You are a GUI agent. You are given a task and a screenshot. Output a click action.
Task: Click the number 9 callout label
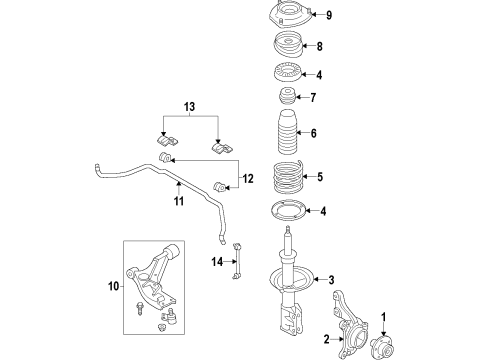tap(327, 14)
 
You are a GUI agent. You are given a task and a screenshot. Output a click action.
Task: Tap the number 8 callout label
tap(319, 46)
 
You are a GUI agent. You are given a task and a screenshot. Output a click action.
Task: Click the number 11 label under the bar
tap(180, 201)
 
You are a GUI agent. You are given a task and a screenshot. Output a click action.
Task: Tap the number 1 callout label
tap(381, 319)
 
